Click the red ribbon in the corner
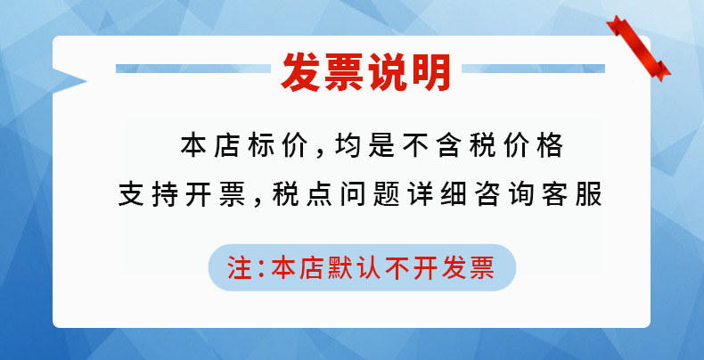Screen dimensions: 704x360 click(638, 48)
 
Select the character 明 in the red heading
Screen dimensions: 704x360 click(430, 72)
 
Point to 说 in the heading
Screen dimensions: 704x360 click(388, 72)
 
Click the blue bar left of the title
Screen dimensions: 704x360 click(193, 69)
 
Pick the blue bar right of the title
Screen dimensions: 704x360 click(534, 69)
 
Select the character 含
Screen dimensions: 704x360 click(449, 146)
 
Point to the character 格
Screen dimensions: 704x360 click(550, 146)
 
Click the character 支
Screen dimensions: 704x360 click(131, 195)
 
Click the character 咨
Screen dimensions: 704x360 click(488, 195)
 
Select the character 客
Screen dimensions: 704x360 click(555, 195)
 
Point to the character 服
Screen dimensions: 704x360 click(589, 195)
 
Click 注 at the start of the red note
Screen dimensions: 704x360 click(239, 268)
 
